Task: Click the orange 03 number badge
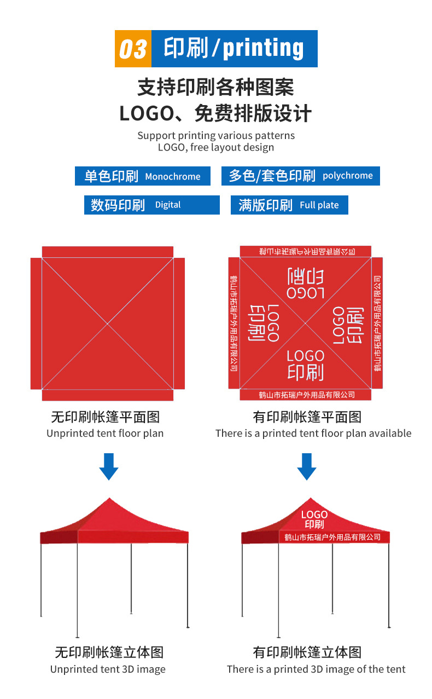pos(133,49)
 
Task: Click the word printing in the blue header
pos(263,49)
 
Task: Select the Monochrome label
pos(173,177)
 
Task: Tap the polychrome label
pos(348,176)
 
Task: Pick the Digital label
pos(168,205)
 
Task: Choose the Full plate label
pos(319,205)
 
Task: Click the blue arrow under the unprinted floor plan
pos(109,466)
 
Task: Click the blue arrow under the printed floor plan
pos(307,466)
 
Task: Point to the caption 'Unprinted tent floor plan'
pos(105,434)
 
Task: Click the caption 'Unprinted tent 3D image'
pos(108,669)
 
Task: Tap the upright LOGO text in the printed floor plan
pos(305,356)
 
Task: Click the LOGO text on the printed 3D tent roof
pos(314,515)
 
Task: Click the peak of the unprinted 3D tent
pos(109,499)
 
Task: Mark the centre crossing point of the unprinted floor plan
pos(108,323)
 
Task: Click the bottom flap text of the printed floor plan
pos(307,395)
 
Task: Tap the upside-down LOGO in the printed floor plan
pos(305,292)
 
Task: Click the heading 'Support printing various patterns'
pos(216,135)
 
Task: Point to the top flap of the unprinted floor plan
pos(108,252)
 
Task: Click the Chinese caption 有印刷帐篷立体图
pos(307,652)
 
